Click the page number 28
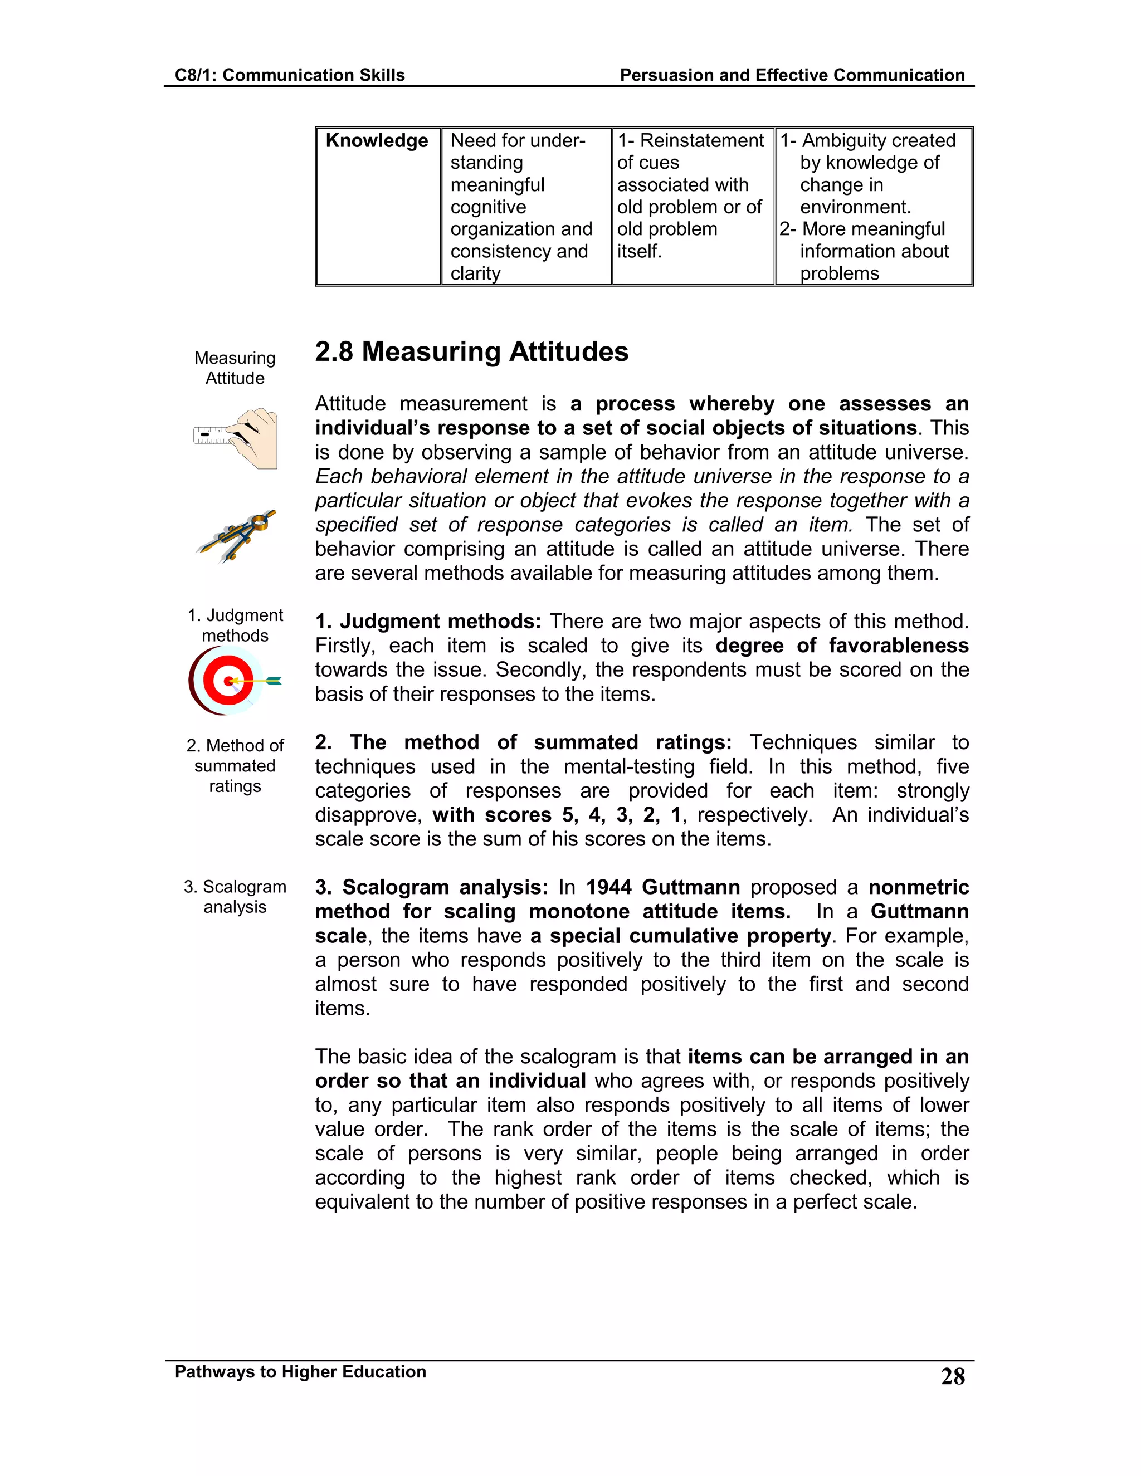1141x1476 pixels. (x=952, y=1377)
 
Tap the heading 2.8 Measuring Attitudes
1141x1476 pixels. (x=471, y=352)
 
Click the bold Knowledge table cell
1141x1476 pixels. (x=377, y=140)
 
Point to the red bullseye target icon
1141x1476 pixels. (x=230, y=681)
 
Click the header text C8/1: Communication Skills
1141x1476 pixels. (x=289, y=75)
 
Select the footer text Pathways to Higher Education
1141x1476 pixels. (x=300, y=1371)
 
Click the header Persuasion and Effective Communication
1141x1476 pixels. (x=792, y=75)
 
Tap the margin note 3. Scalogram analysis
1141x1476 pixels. (x=235, y=897)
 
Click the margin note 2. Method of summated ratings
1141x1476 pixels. (x=235, y=766)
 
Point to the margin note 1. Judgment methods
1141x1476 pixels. (x=235, y=625)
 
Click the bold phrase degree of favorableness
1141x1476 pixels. (x=842, y=646)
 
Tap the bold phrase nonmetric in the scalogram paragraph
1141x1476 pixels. (x=918, y=887)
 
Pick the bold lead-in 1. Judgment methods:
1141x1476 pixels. (x=428, y=622)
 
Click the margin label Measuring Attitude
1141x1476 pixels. (x=235, y=368)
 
